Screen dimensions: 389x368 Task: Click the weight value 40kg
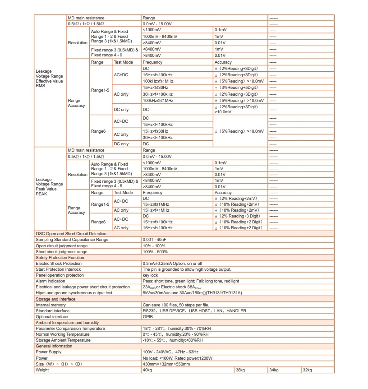tap(147, 370)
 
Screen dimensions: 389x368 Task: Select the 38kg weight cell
tap(240, 370)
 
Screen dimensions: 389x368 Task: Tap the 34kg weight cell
tap(274, 370)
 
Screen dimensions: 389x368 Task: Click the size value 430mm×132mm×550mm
tap(166, 364)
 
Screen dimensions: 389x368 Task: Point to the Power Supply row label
tap(48, 352)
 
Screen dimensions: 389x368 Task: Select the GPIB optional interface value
tap(147, 317)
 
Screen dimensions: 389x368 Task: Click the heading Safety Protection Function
tap(60, 258)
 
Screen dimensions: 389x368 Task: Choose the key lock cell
tap(150, 275)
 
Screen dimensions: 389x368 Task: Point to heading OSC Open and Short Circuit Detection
tap(71, 234)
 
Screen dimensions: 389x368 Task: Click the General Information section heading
tap(54, 346)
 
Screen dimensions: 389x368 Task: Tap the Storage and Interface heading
tap(55, 299)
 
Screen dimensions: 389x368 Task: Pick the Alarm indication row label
tap(51, 281)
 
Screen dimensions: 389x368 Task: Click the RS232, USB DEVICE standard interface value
tap(194, 311)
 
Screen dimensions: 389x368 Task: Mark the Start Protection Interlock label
tap(58, 269)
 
